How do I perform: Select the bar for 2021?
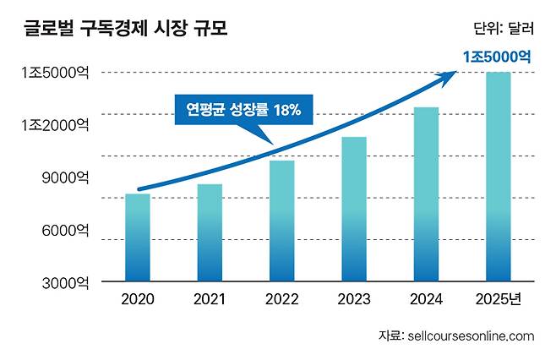click(x=210, y=233)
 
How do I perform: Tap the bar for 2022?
click(x=281, y=221)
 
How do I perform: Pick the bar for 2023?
click(x=354, y=210)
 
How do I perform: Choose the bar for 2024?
click(x=426, y=195)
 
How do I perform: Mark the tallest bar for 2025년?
click(x=499, y=177)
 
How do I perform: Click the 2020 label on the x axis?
click(x=137, y=299)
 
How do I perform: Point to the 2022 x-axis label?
click(x=281, y=299)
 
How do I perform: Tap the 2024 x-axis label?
click(x=426, y=299)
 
